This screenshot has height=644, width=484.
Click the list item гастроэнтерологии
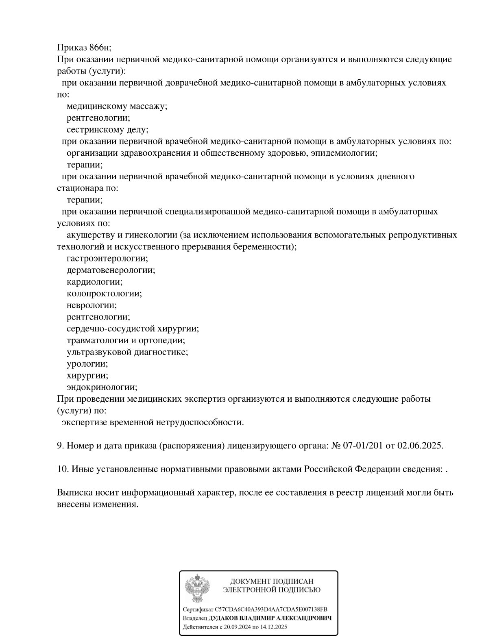click(x=107, y=259)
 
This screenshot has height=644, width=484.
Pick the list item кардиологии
click(x=94, y=282)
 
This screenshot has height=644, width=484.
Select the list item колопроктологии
click(x=104, y=294)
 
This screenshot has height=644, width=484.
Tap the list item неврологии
click(x=92, y=305)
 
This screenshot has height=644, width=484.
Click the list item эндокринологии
click(x=102, y=387)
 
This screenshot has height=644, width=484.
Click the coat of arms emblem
click(x=197, y=589)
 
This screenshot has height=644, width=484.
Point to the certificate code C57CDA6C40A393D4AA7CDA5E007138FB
click(x=271, y=609)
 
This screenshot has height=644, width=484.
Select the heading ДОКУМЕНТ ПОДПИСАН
click(x=272, y=582)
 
